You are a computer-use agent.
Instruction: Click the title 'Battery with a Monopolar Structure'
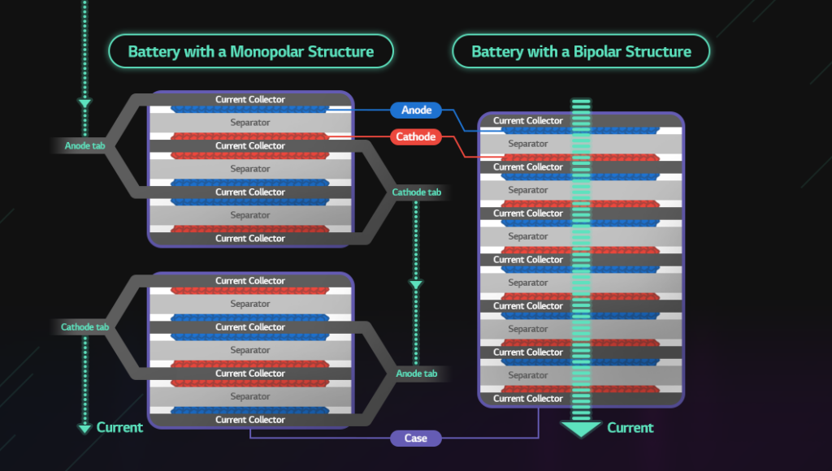pos(250,51)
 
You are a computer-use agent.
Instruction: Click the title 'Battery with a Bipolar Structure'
pos(581,51)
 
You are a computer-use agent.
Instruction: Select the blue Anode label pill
pos(416,110)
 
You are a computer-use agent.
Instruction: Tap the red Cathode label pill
pos(416,136)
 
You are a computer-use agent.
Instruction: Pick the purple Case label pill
pos(415,439)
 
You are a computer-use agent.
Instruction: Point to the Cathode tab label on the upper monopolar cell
pos(416,192)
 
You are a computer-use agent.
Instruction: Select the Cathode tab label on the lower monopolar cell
pos(84,327)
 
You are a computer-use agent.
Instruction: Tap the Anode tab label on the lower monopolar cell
pos(416,374)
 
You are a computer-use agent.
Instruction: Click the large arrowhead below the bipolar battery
pos(581,429)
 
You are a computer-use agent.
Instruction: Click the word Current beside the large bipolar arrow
pos(630,428)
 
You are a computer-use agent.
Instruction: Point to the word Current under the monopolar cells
pos(119,427)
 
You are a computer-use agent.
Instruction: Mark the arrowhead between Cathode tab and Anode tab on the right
pos(416,285)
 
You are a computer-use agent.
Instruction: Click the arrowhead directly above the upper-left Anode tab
pos(84,103)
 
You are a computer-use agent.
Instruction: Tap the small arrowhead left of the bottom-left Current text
pos(84,428)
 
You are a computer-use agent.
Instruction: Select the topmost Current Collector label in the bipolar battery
pos(527,121)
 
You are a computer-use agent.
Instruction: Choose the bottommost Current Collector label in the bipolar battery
pos(527,399)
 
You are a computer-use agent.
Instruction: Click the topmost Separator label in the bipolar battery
pos(527,144)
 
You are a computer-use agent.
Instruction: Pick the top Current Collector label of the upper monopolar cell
pos(249,100)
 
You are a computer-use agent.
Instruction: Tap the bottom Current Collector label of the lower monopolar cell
pos(249,420)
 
